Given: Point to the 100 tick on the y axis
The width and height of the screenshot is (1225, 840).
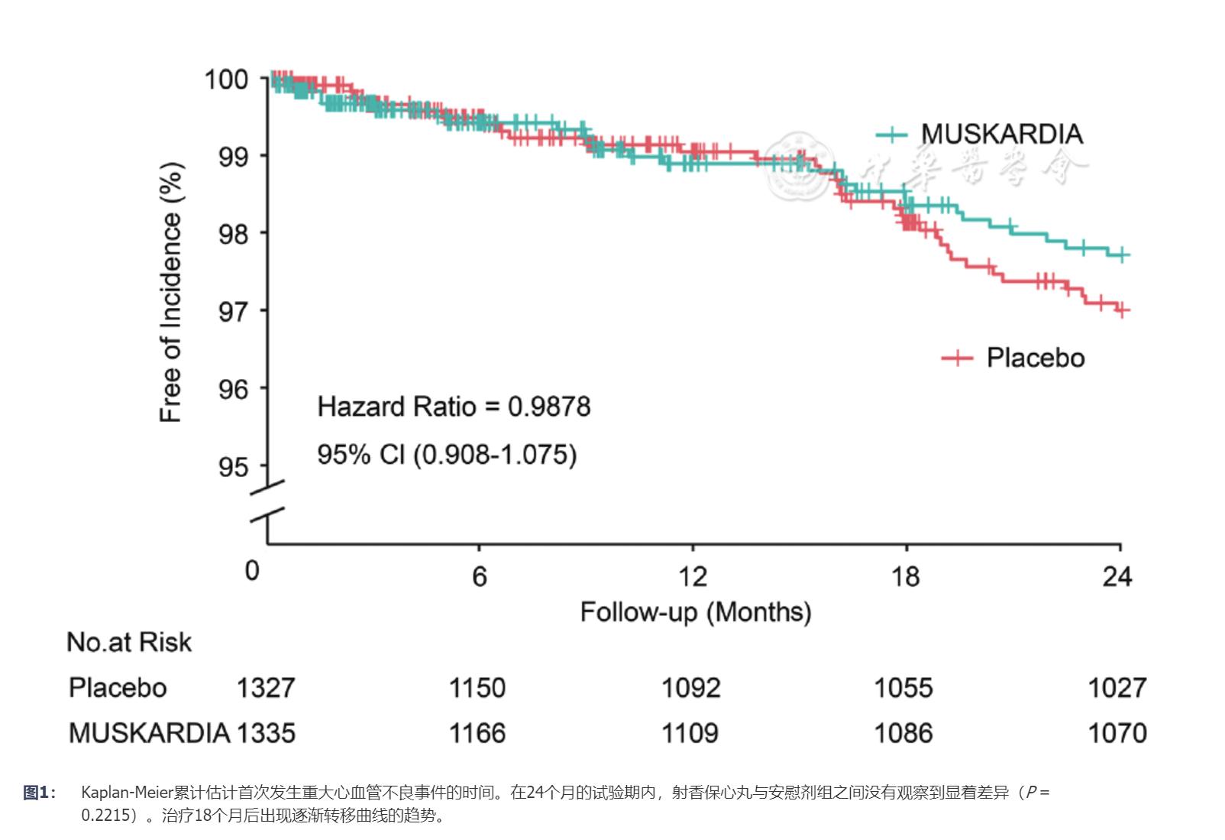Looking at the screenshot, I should [x=226, y=79].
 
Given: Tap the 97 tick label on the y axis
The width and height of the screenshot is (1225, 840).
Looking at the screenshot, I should [x=233, y=311].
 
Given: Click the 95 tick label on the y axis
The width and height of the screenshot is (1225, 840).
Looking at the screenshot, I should [x=233, y=466].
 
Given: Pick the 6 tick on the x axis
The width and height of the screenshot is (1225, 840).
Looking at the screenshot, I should [x=479, y=576].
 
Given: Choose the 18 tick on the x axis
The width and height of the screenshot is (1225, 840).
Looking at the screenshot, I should [x=906, y=576].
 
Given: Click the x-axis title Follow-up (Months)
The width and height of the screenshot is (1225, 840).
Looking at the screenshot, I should [x=695, y=612].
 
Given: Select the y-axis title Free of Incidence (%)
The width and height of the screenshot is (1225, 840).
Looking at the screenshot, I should [x=171, y=293].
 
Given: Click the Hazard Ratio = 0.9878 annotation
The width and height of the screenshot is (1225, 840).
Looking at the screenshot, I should [x=454, y=407].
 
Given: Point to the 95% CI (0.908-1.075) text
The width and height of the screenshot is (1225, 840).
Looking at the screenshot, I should [x=447, y=455].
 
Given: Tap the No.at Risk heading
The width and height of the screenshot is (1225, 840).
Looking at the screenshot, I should [x=129, y=642].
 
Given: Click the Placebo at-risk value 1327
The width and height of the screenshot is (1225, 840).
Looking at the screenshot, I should [x=265, y=688].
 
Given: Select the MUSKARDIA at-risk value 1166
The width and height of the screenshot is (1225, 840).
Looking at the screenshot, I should [x=477, y=734].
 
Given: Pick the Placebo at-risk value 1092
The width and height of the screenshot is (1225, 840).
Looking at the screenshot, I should [x=690, y=688].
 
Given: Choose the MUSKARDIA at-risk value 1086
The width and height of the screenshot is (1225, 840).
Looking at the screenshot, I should [x=903, y=734].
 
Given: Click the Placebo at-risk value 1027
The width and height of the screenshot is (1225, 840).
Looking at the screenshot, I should [x=1117, y=688].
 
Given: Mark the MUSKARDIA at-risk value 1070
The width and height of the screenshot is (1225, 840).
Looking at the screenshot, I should [x=1117, y=734].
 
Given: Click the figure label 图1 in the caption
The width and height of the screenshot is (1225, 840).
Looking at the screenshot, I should [x=38, y=793].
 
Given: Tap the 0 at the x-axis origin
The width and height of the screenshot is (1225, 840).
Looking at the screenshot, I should [x=252, y=571].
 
